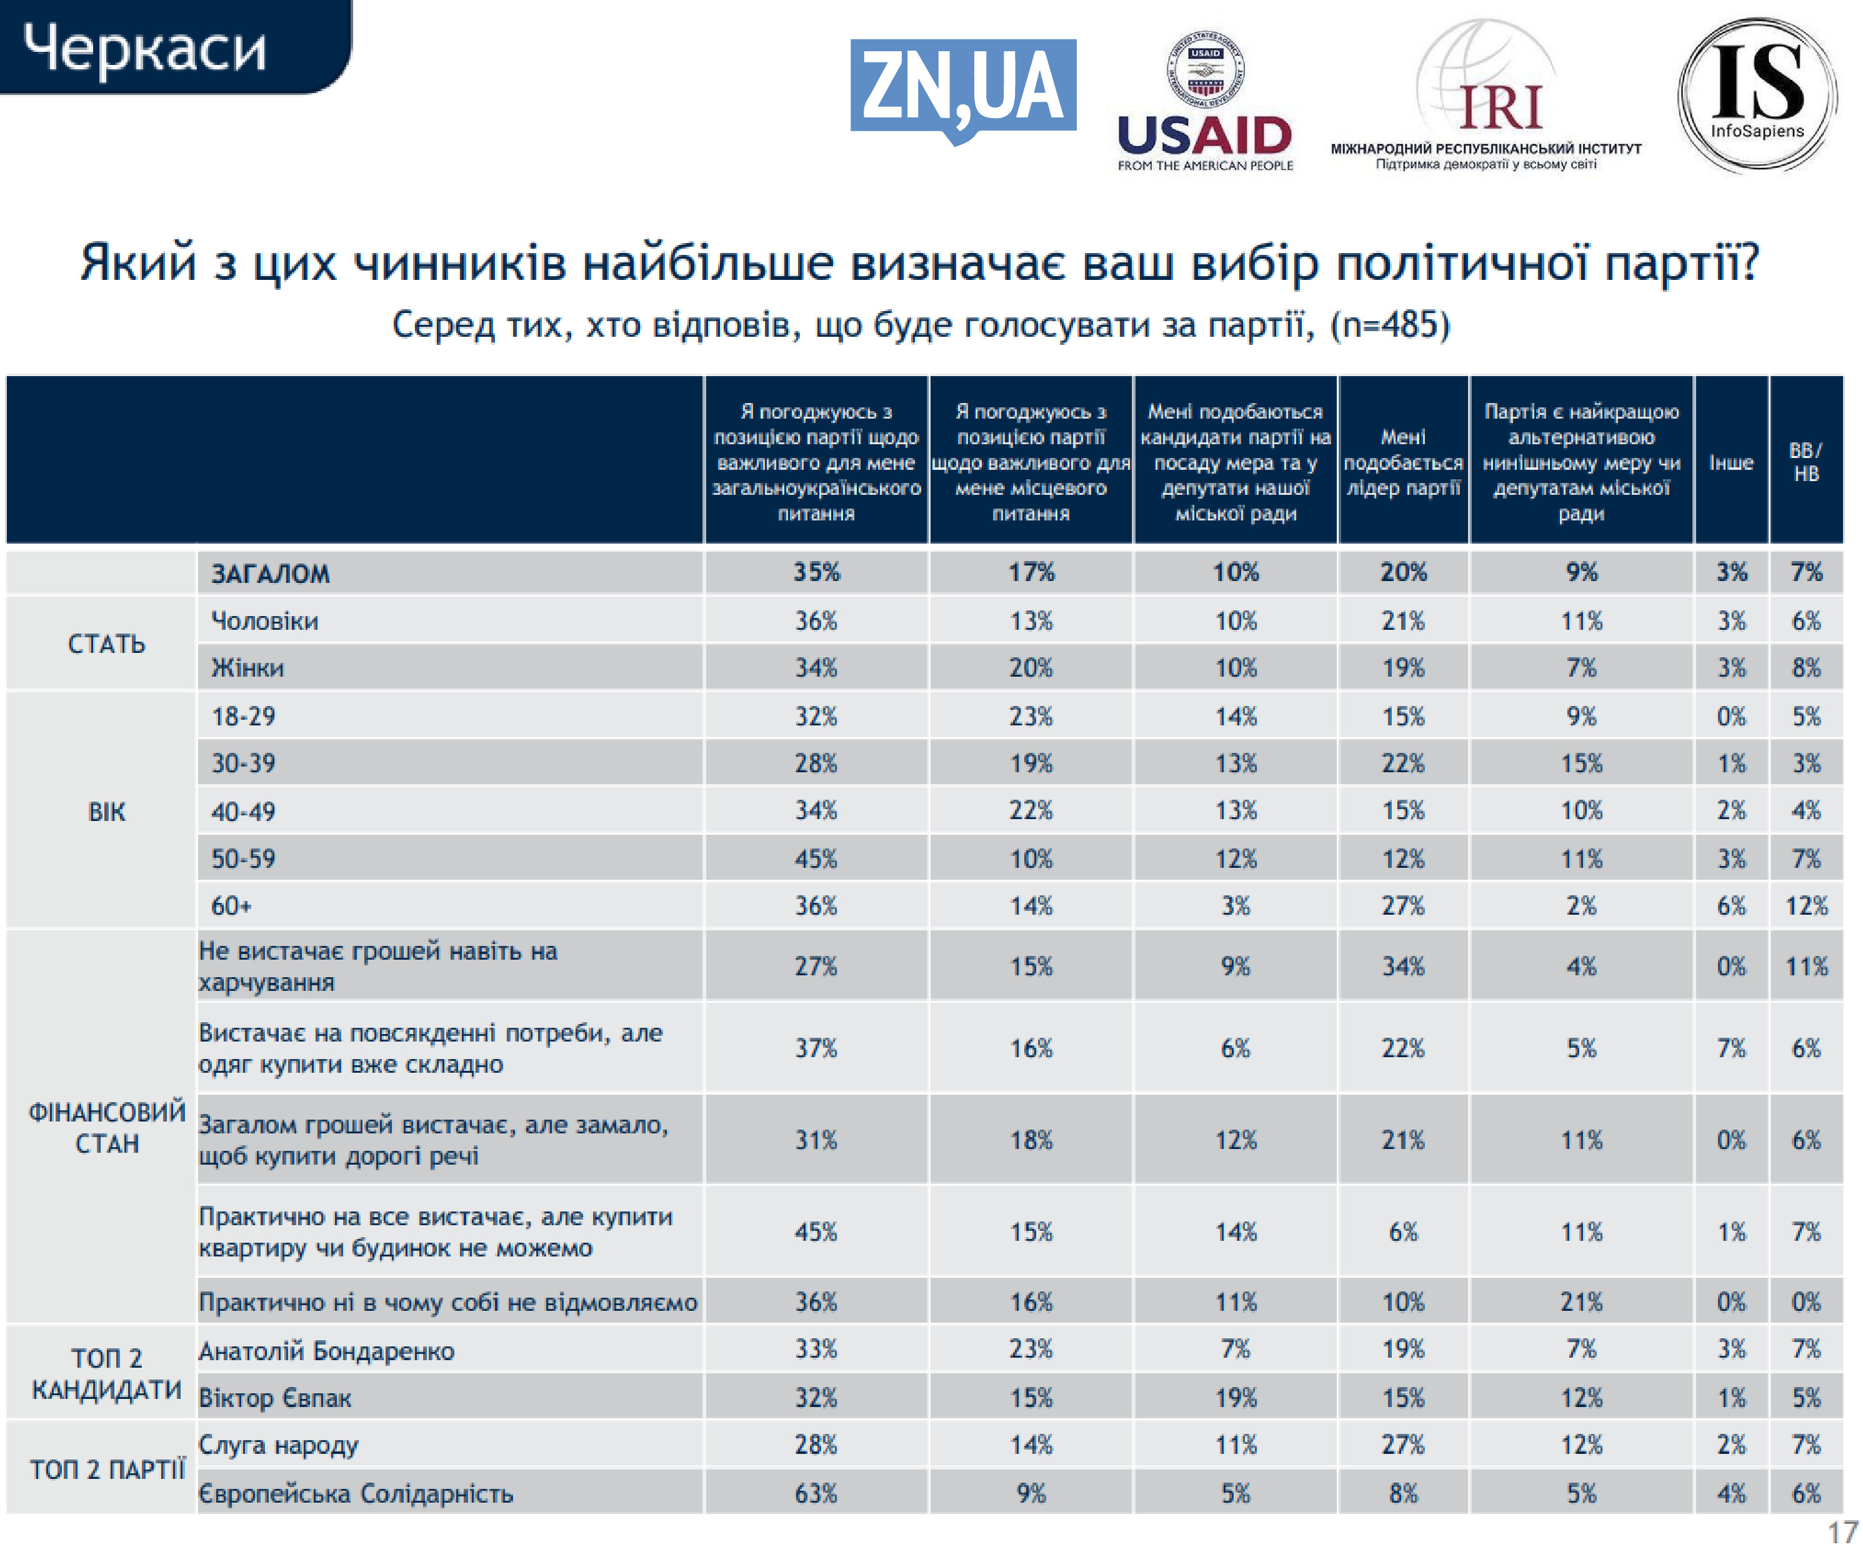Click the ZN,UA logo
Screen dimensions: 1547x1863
[962, 89]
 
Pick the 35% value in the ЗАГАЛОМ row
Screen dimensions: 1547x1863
[816, 572]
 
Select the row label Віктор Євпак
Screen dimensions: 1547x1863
[275, 1398]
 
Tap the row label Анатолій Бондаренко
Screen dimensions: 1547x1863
[326, 1351]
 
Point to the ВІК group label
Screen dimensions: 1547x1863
[106, 812]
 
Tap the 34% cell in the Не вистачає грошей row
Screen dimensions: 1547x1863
[1402, 966]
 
